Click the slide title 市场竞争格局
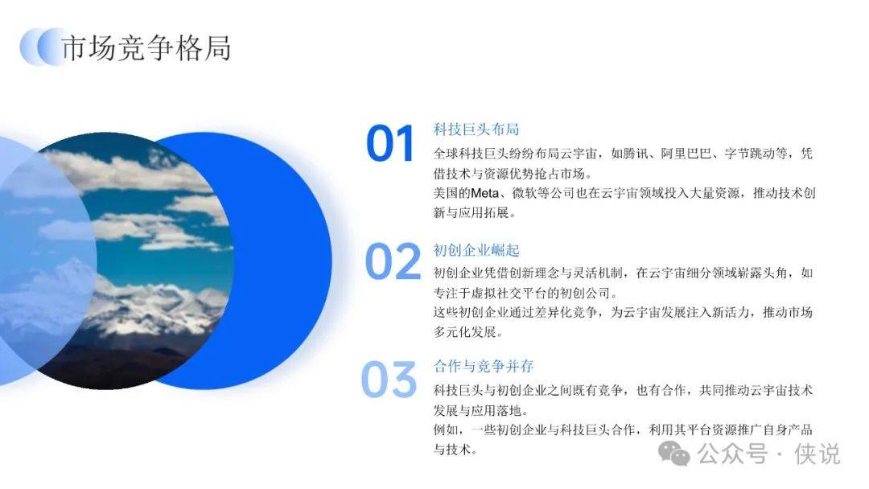click(x=146, y=47)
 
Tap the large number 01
click(x=390, y=143)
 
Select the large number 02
click(x=393, y=261)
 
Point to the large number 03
click(x=389, y=380)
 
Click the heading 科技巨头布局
click(x=476, y=129)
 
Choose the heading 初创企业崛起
click(x=476, y=250)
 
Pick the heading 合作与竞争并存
click(x=484, y=366)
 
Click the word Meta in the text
click(x=484, y=193)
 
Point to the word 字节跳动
click(x=749, y=154)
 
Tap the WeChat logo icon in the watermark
click(x=674, y=454)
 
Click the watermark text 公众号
click(x=732, y=454)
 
